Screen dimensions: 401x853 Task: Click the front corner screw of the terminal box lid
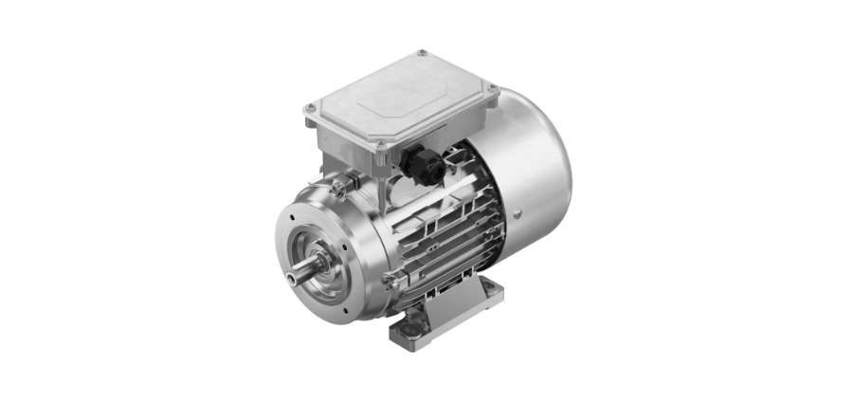click(381, 145)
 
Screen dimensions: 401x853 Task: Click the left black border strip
click(80, 200)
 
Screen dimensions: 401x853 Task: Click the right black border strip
click(772, 200)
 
